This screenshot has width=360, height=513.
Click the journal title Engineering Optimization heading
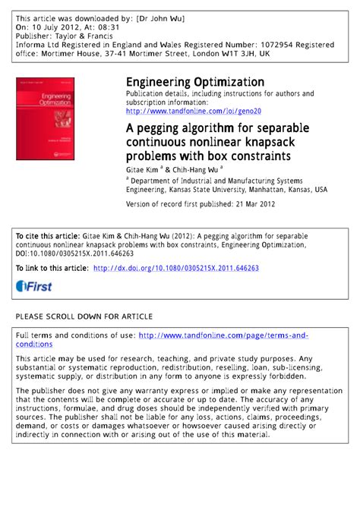[195, 82]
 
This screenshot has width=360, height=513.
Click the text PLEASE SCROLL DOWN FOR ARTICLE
[84, 315]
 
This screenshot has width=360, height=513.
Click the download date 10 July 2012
[58, 27]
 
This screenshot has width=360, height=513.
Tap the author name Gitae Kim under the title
[144, 171]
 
